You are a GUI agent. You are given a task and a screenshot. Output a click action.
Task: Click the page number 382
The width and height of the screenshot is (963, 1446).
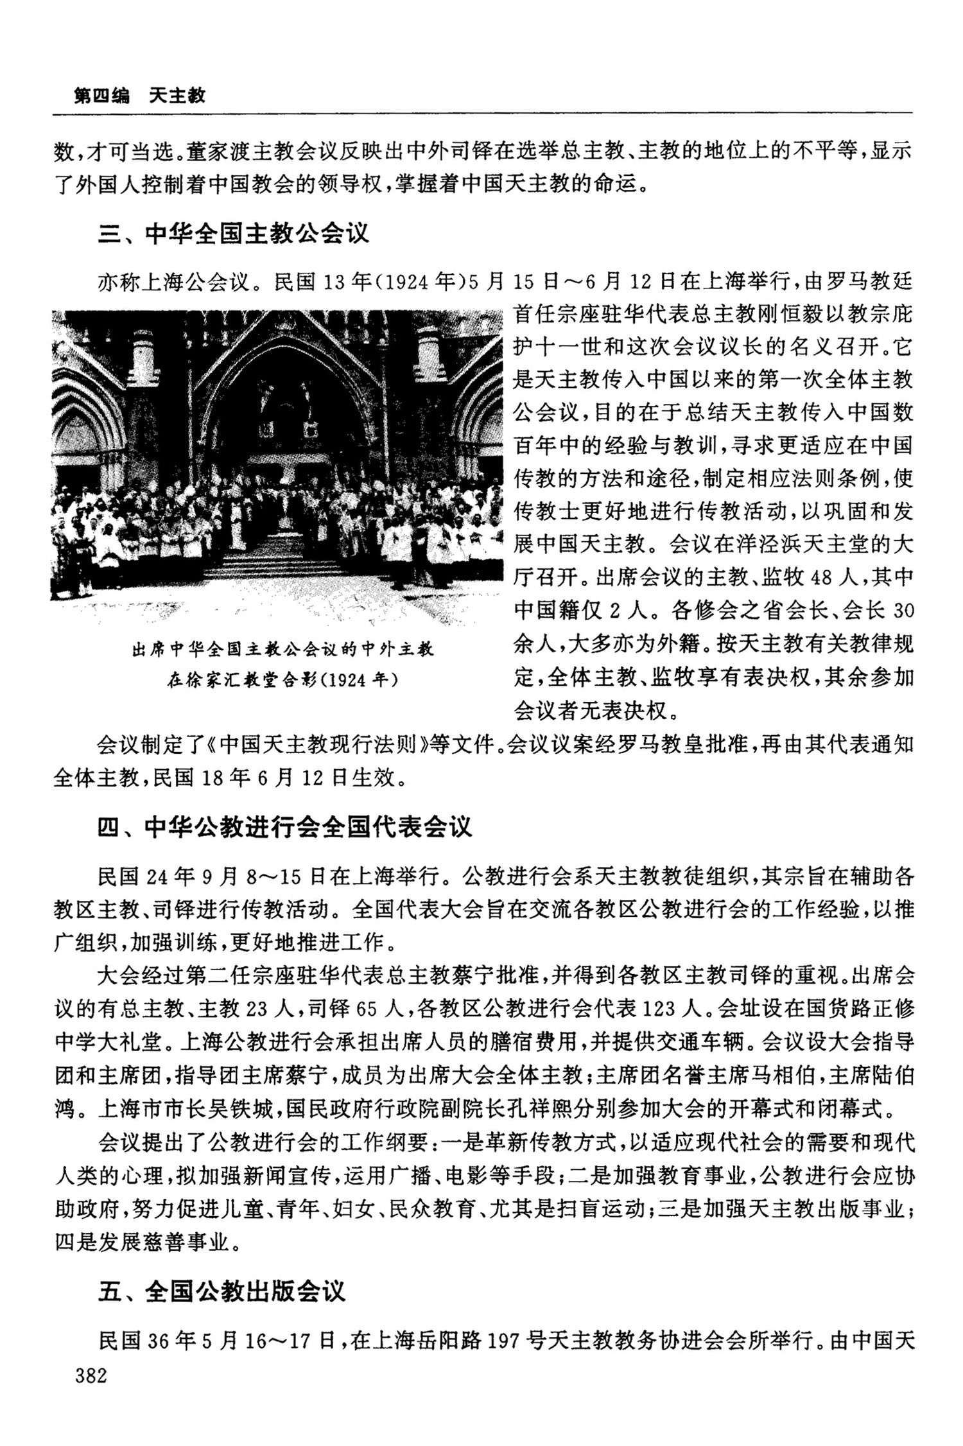[x=91, y=1375]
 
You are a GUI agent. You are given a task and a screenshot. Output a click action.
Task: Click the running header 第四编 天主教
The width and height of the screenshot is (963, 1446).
[x=139, y=96]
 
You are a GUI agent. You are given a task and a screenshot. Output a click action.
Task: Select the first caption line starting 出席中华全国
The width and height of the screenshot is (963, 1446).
[x=282, y=649]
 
